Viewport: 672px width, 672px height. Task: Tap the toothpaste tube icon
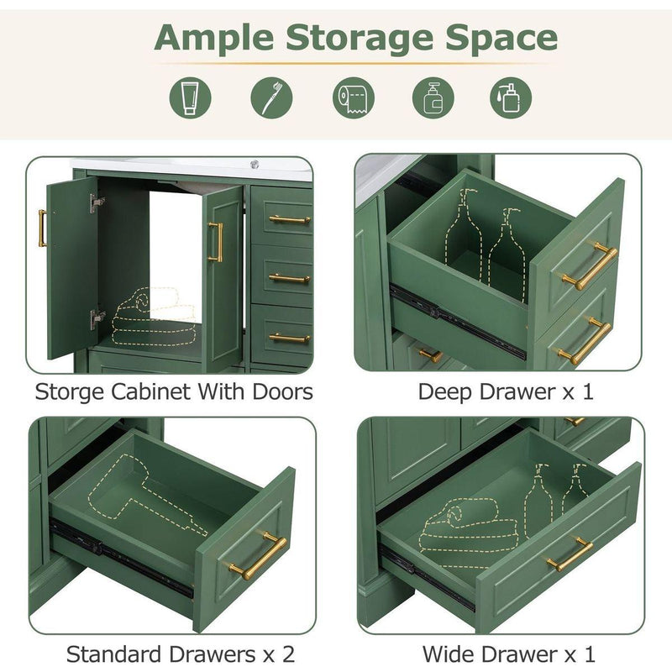pyautogui.click(x=191, y=98)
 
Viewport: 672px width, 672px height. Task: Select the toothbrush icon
pyautogui.click(x=271, y=98)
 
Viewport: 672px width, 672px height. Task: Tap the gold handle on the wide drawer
pyautogui.click(x=569, y=554)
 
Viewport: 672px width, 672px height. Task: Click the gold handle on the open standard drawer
pyautogui.click(x=257, y=555)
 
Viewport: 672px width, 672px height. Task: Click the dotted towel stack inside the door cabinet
pyautogui.click(x=153, y=317)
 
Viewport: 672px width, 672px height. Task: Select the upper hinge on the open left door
pyautogui.click(x=97, y=202)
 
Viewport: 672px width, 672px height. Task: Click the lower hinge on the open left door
pyautogui.click(x=97, y=318)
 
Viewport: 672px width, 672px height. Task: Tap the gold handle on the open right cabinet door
pyautogui.click(x=215, y=242)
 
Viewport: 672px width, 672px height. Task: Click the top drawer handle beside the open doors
pyautogui.click(x=289, y=220)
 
